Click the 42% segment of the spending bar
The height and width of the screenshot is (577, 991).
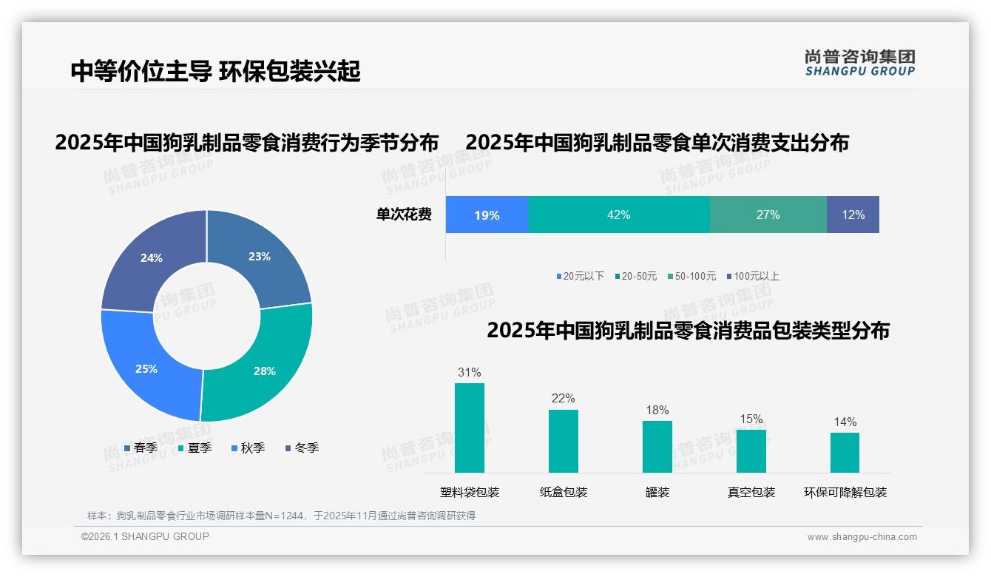click(619, 215)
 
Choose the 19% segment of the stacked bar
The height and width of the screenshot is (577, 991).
click(487, 215)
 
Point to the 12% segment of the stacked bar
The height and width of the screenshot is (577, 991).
click(853, 215)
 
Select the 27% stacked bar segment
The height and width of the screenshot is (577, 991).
click(768, 215)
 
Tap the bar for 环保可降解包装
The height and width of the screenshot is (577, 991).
click(845, 453)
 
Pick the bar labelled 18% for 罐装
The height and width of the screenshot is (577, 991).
click(657, 447)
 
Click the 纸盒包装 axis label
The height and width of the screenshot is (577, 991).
click(564, 493)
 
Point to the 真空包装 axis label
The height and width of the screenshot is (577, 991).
click(751, 493)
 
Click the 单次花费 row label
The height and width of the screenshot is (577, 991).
click(404, 215)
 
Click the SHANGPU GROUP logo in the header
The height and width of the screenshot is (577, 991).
click(859, 63)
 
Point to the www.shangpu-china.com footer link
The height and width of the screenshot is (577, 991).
click(862, 537)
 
